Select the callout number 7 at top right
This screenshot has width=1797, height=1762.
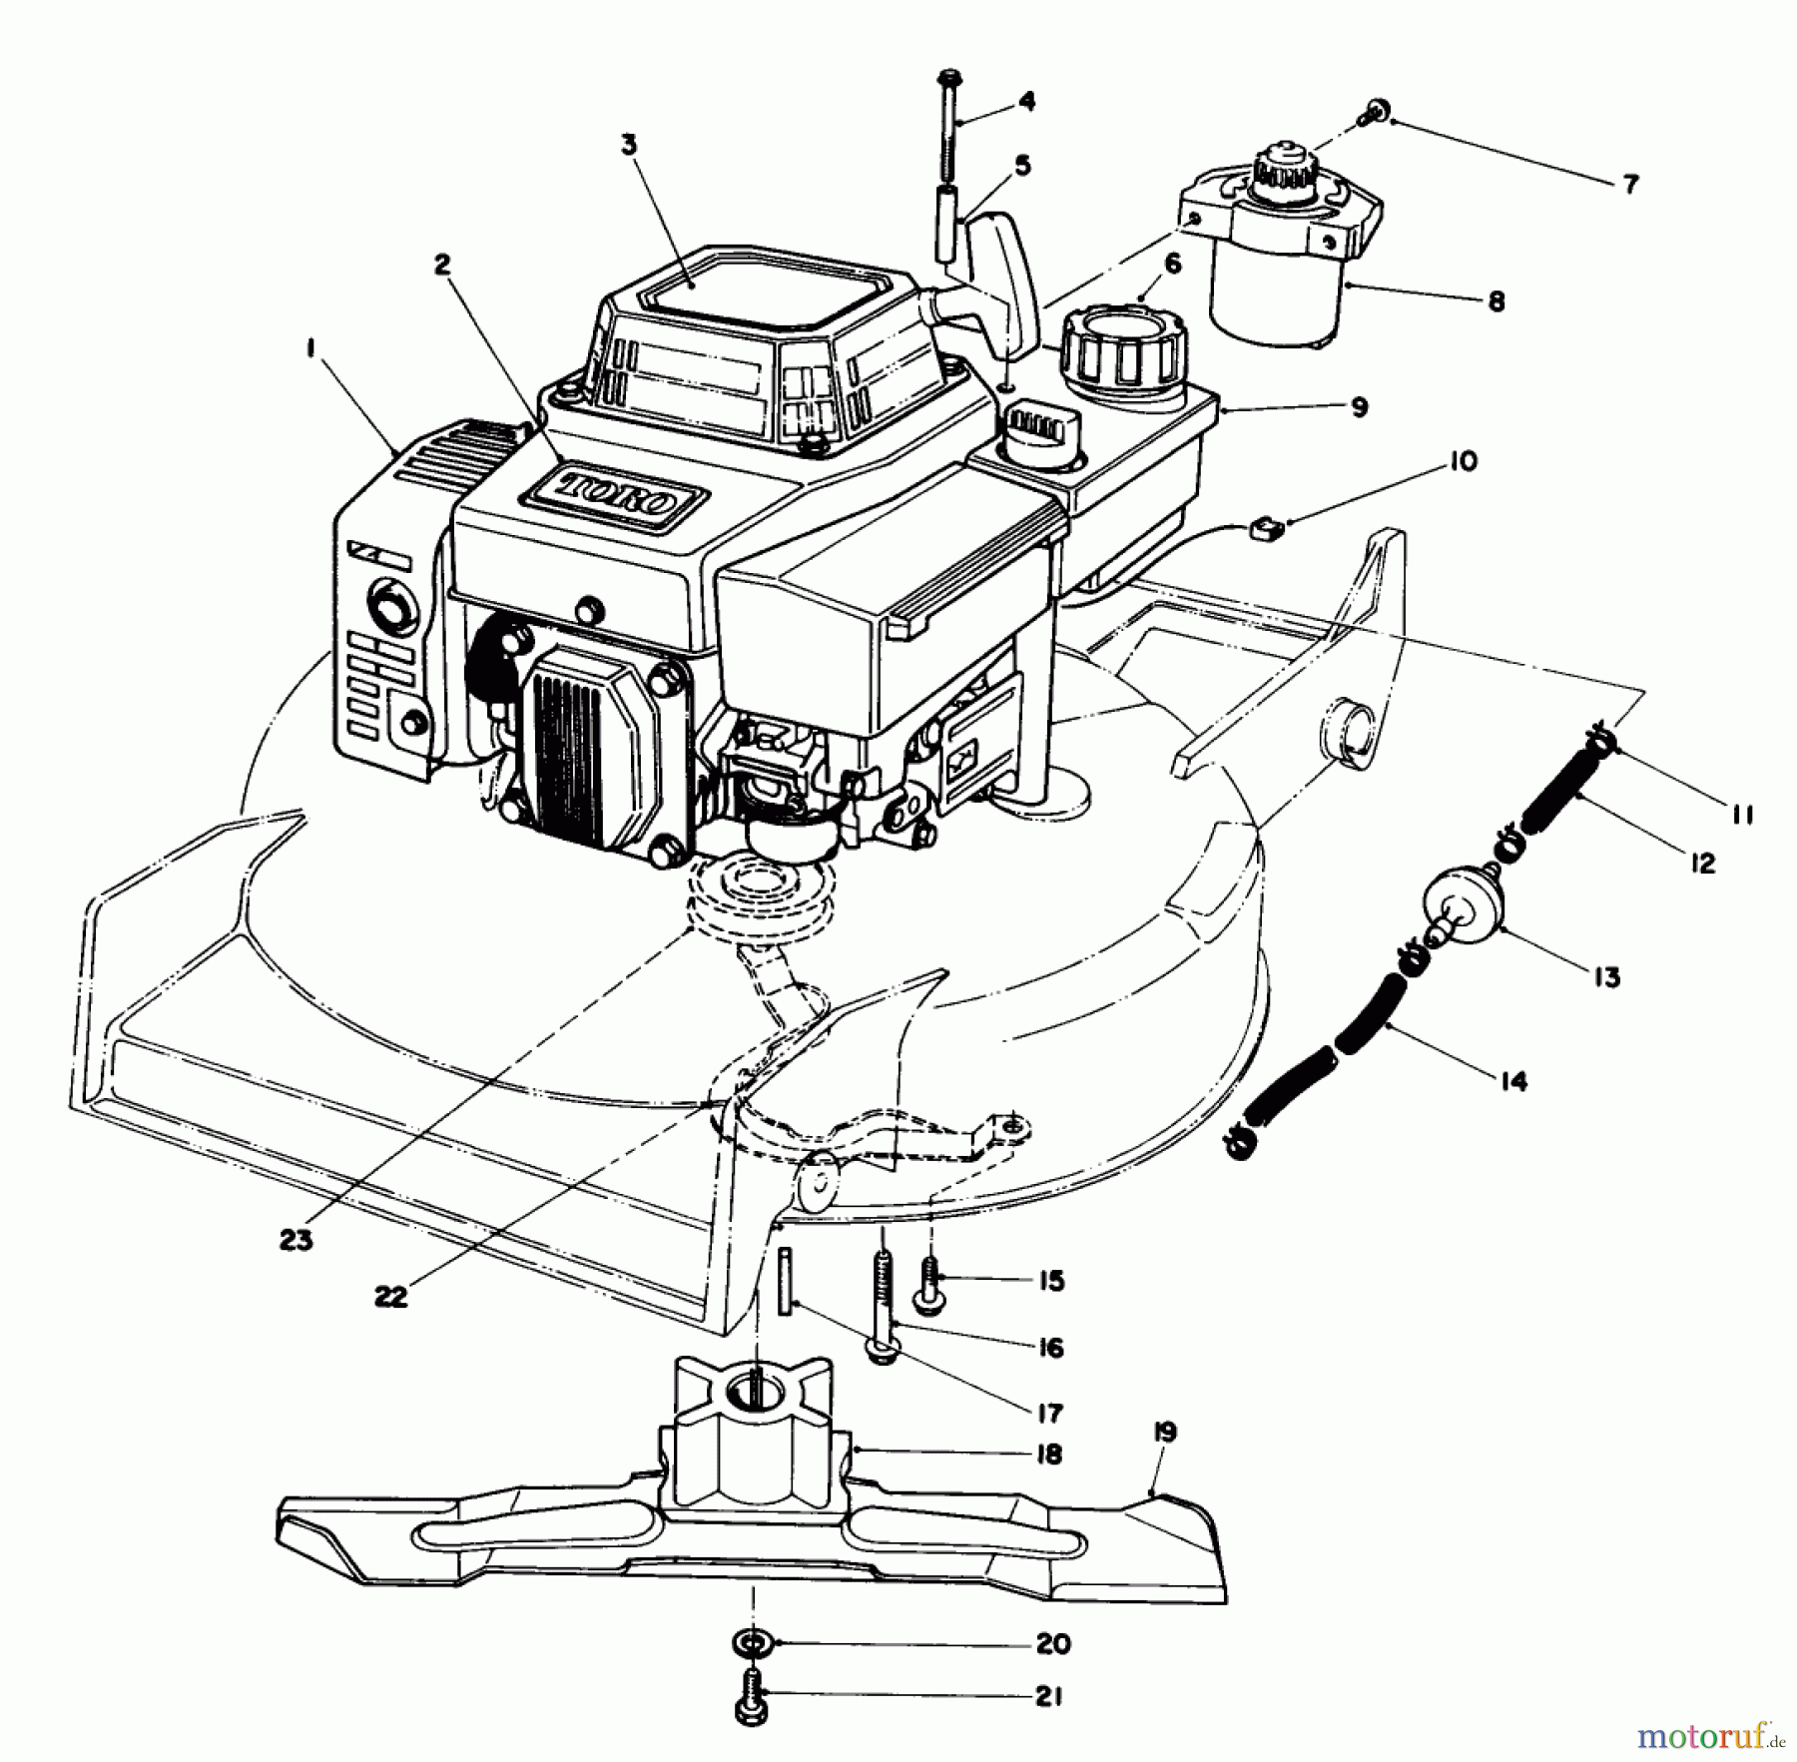(x=1629, y=185)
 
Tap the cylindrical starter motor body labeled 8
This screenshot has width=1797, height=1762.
(x=1276, y=294)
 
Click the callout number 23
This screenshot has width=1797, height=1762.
(x=297, y=1240)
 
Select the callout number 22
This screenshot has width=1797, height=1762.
(x=391, y=1296)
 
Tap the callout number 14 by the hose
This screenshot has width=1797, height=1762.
(x=1513, y=1081)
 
